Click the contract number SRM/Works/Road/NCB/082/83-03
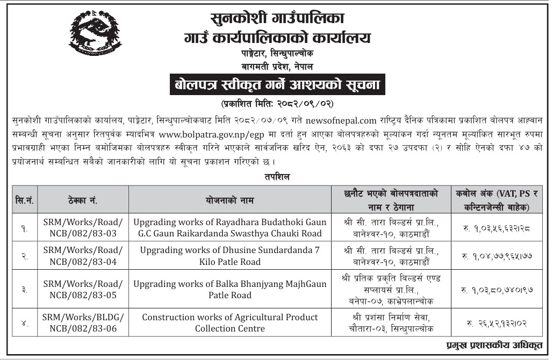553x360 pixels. coord(83,227)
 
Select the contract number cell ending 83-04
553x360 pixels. coord(83,256)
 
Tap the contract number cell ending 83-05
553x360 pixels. coord(83,289)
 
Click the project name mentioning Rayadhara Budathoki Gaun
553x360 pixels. coord(229,227)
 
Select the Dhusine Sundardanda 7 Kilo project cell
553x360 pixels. coord(229,256)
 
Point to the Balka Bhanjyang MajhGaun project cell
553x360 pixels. coord(229,289)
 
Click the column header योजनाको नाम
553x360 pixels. coord(229,200)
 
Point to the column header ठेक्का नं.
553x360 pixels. coord(83,200)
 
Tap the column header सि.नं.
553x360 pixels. coord(24,200)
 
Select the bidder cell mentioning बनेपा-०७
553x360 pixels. coord(391,289)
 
